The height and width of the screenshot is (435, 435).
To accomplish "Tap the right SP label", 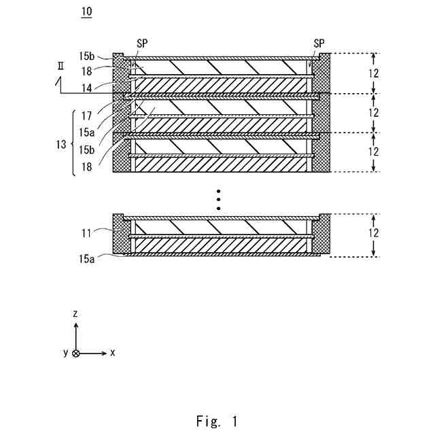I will tap(319, 42).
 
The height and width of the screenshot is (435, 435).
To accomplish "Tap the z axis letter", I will tap(76, 313).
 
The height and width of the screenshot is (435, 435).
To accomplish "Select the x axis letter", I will tap(113, 353).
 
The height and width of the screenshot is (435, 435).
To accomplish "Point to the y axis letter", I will tap(65, 353).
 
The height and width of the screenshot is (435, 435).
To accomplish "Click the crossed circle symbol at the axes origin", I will tap(76, 353).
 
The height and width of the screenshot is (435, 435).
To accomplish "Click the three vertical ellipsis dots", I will tap(218, 198).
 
